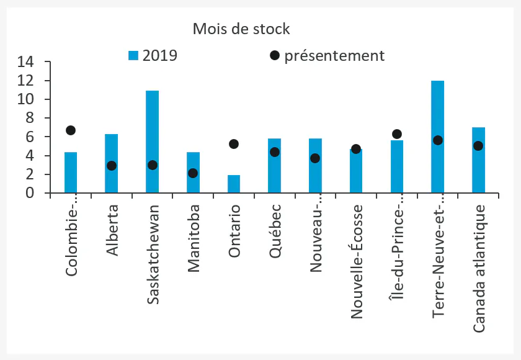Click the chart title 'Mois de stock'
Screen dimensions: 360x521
tap(241, 29)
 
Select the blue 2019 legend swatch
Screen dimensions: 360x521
tap(133, 55)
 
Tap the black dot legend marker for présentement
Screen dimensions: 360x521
tap(275, 56)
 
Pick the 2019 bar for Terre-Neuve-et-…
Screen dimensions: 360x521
tap(437, 137)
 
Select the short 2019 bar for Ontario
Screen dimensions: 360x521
tap(234, 184)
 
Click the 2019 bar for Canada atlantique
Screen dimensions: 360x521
tap(478, 160)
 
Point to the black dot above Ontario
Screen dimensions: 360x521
tap(234, 144)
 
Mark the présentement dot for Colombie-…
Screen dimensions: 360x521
tap(71, 130)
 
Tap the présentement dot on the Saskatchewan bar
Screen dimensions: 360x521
tap(152, 165)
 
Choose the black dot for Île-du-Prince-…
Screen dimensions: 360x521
tap(397, 134)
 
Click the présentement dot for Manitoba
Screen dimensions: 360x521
tap(193, 173)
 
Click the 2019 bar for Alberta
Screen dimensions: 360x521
tap(112, 163)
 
